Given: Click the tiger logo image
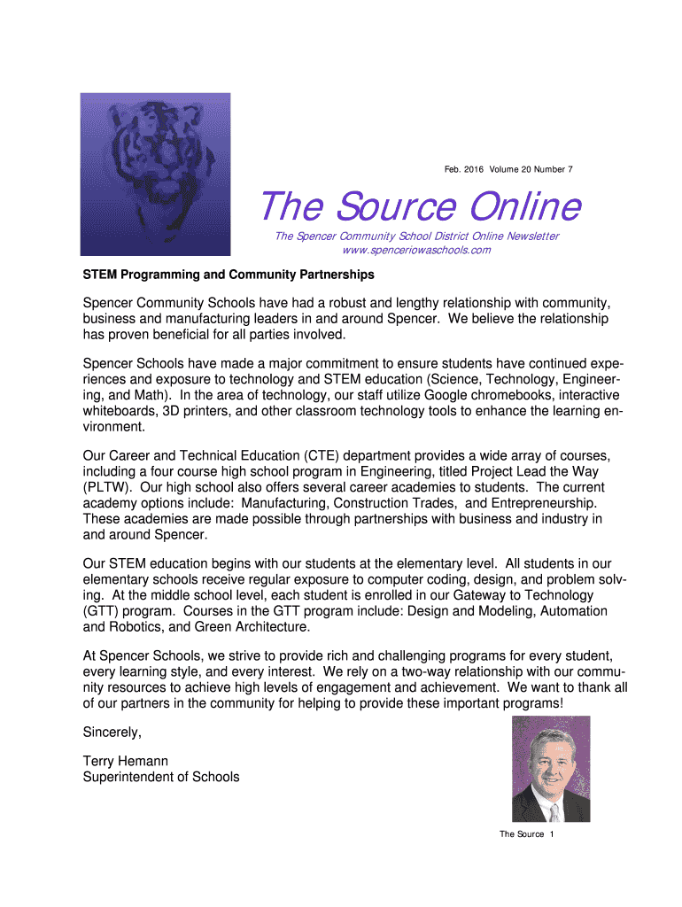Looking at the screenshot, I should pos(155,174).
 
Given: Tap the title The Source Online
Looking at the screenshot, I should pos(420,206).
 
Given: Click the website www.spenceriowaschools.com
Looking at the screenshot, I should pos(415,250).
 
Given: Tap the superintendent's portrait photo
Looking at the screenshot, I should pos(550,769).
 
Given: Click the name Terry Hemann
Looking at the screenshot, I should pos(125,761).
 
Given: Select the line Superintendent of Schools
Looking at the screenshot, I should pos(160,777).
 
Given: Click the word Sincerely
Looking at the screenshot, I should pos(112,733).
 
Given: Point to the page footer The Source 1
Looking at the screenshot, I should pos(526,834).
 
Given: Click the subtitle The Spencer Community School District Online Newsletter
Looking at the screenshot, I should pos(416,236).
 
